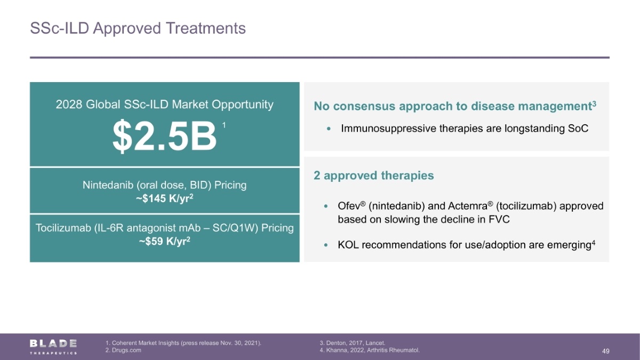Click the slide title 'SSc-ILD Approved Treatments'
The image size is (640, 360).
138,28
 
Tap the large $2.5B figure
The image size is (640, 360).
165,136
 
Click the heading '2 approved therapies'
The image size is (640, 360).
374,175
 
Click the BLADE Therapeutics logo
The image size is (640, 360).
53,347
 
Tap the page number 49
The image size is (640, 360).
605,351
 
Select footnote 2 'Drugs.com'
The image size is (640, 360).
123,350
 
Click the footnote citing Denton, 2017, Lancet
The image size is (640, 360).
353,343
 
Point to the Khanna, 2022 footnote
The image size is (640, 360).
370,350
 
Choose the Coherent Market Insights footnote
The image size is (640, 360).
183,343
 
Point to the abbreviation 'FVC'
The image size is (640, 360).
499,219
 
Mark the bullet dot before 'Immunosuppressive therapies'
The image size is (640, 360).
329,129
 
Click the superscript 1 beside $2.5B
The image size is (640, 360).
224,125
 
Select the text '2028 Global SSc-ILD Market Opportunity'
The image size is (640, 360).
165,105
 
